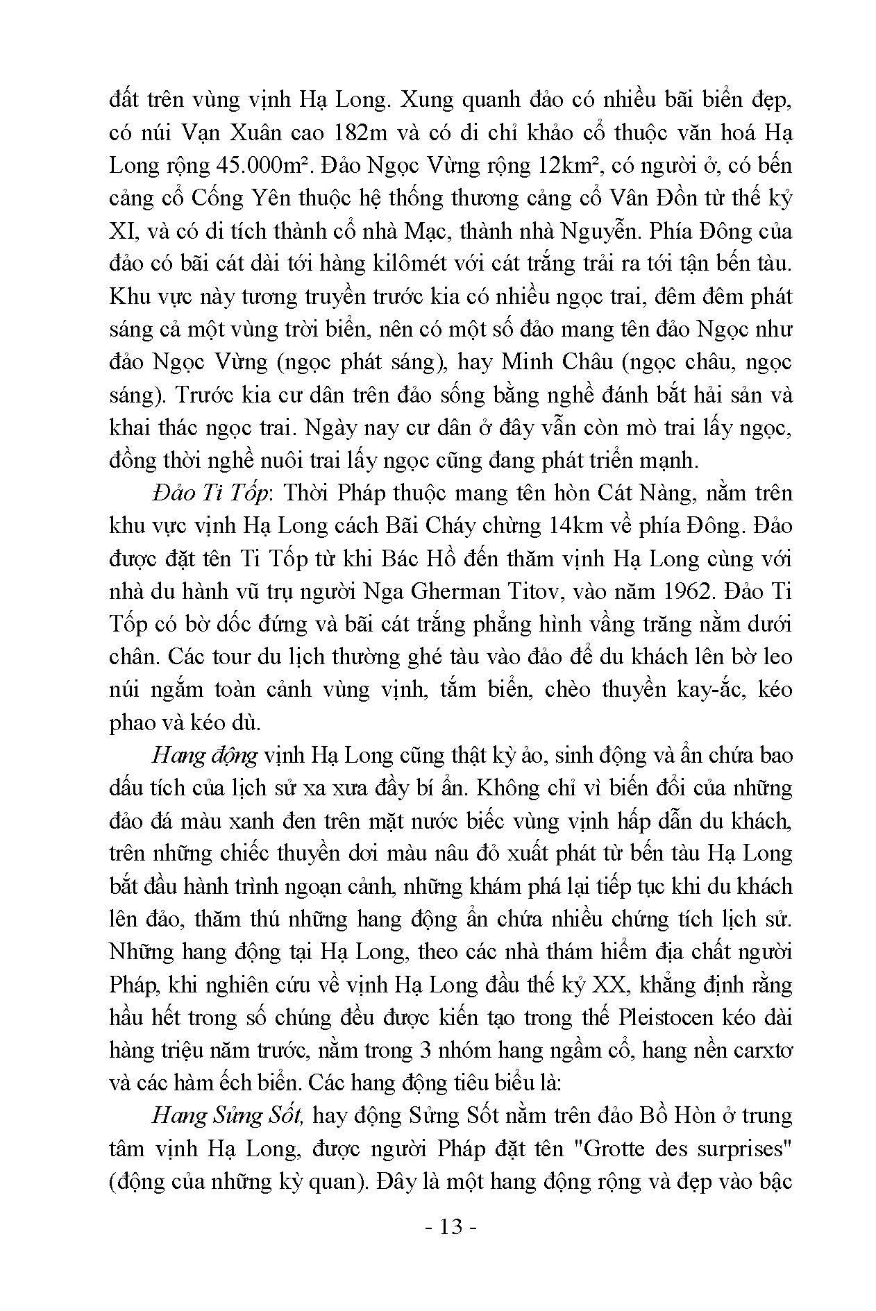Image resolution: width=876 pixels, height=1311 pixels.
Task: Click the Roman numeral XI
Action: pos(123,231)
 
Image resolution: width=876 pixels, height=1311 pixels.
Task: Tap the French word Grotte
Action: pos(616,1149)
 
